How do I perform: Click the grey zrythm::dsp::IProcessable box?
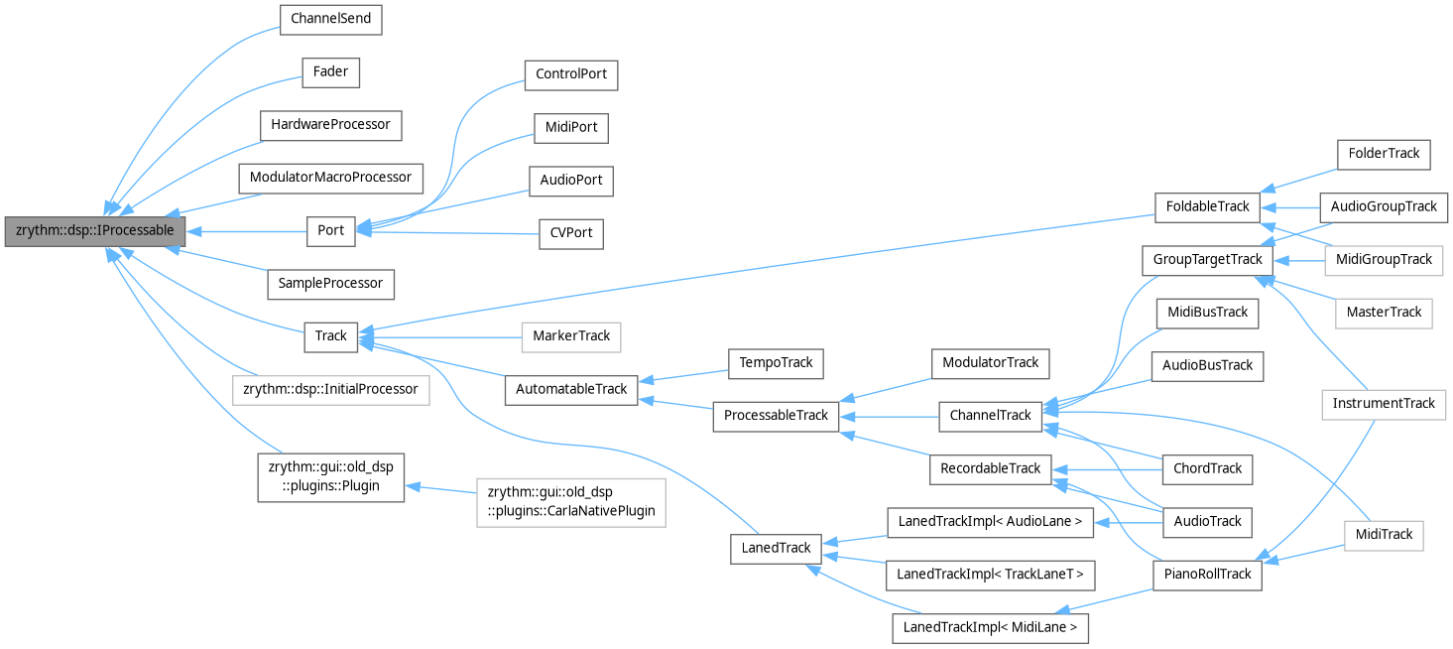tap(95, 230)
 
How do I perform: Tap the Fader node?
tap(330, 72)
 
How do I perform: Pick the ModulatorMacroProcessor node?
tap(330, 178)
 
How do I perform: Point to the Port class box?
tap(330, 230)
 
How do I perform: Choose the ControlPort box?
tap(571, 74)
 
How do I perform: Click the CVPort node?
tap(571, 233)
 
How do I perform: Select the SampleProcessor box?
tap(330, 283)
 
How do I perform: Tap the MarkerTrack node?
tap(571, 335)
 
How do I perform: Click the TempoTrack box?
tap(776, 362)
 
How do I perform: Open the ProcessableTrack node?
tap(776, 415)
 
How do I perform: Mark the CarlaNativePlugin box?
tap(570, 502)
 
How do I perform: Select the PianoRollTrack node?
tap(1207, 574)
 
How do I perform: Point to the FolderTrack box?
tap(1385, 154)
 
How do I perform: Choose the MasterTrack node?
tap(1385, 312)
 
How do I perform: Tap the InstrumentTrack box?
tap(1385, 403)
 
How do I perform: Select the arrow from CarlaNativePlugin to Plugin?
tap(441, 490)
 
